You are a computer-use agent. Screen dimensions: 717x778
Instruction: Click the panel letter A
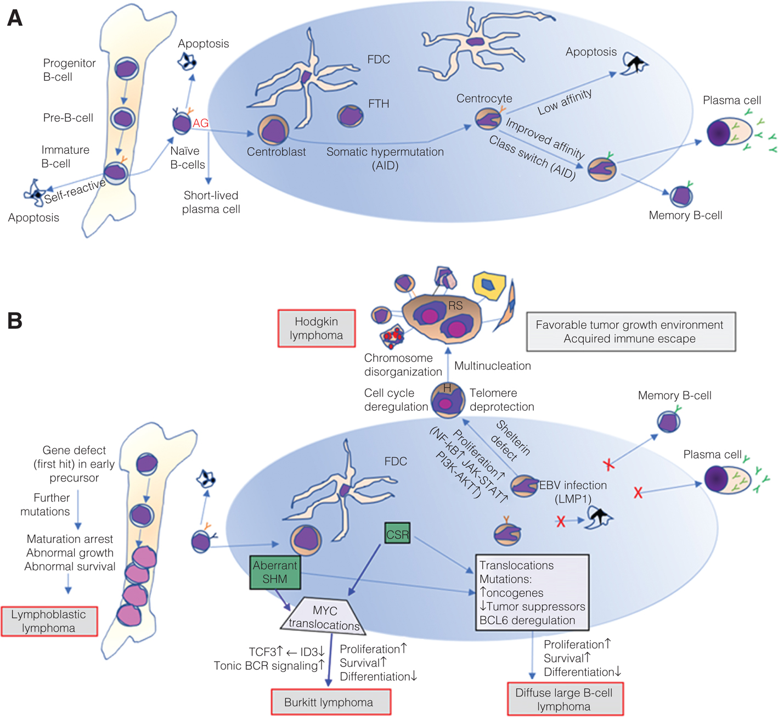(15, 18)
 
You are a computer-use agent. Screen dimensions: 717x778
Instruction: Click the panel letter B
(15, 321)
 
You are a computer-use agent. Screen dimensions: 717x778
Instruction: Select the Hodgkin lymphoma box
(317, 328)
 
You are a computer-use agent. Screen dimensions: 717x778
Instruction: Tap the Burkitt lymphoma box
(331, 702)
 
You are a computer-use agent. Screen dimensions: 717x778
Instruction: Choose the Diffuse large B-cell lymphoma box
(565, 699)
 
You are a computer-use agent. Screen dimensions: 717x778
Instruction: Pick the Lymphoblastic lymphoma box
(49, 621)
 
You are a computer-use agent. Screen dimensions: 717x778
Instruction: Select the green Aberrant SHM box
(275, 572)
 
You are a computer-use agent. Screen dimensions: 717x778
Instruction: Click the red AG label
(200, 123)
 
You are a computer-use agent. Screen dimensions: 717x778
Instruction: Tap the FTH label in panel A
(379, 104)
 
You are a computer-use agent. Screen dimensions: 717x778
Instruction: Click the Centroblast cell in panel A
(273, 130)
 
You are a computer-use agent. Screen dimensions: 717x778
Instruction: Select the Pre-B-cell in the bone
(123, 118)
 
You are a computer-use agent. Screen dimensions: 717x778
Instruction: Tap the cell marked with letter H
(447, 399)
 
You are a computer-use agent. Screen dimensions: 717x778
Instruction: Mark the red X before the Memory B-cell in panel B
(608, 465)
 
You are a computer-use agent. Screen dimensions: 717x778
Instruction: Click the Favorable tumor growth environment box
(630, 332)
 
